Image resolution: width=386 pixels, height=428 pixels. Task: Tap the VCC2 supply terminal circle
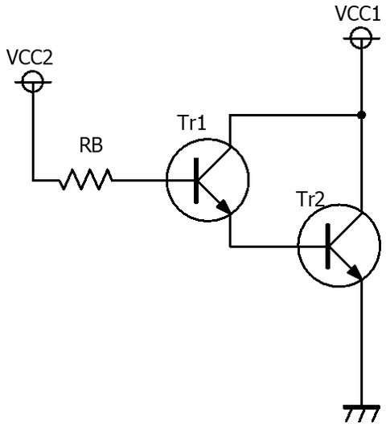(32, 80)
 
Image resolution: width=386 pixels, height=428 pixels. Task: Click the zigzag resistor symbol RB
(85, 180)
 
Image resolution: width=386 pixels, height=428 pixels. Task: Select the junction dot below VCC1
(361, 115)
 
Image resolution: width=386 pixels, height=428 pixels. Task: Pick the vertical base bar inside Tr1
(198, 180)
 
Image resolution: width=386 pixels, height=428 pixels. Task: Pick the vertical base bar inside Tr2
(329, 246)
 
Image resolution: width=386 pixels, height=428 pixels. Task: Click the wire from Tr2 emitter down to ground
(361, 345)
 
